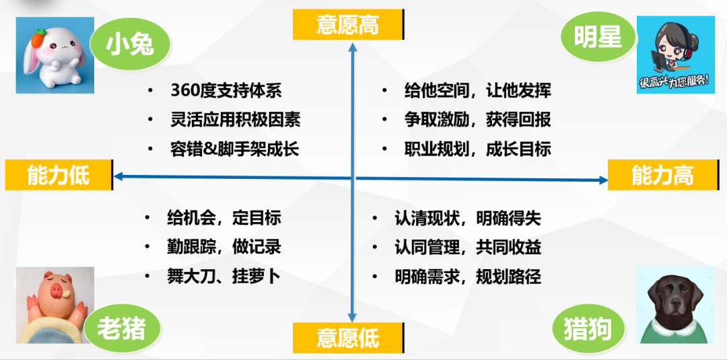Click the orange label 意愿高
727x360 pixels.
pos(348,24)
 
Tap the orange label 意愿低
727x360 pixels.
pos(348,338)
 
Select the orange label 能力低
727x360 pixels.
pos(59,175)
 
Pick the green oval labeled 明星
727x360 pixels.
pos(598,38)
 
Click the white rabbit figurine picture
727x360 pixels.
pos(55,55)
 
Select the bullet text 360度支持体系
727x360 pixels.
pos(226,91)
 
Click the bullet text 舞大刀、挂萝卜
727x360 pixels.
pos(223,277)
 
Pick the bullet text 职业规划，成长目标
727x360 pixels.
pos(477,149)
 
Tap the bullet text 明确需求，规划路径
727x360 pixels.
pos(468,277)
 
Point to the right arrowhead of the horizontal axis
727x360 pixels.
pos(602,180)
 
